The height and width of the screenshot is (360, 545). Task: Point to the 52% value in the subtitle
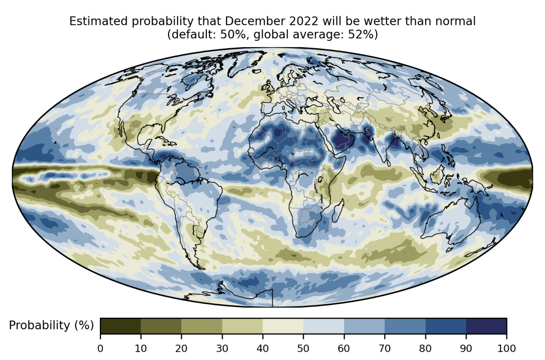(365, 35)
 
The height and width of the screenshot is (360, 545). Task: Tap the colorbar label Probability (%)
(51, 325)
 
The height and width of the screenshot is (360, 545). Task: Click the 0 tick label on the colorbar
(100, 349)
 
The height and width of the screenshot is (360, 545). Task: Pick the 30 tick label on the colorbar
(222, 349)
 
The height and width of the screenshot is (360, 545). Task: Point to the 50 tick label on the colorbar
(303, 349)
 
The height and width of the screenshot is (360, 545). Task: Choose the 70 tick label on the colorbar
(385, 349)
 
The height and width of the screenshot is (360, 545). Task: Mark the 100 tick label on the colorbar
(506, 349)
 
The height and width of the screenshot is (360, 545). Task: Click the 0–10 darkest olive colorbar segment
(120, 326)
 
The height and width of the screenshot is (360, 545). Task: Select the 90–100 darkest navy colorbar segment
(486, 326)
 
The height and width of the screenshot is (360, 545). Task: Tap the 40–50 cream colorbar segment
(283, 326)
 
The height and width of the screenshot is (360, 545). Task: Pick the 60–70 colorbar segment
(364, 326)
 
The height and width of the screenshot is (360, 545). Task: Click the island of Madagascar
(337, 212)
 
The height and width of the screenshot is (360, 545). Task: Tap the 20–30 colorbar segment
(202, 326)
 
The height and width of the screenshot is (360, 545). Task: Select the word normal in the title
(460, 21)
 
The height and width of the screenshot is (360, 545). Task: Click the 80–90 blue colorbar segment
(446, 326)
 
